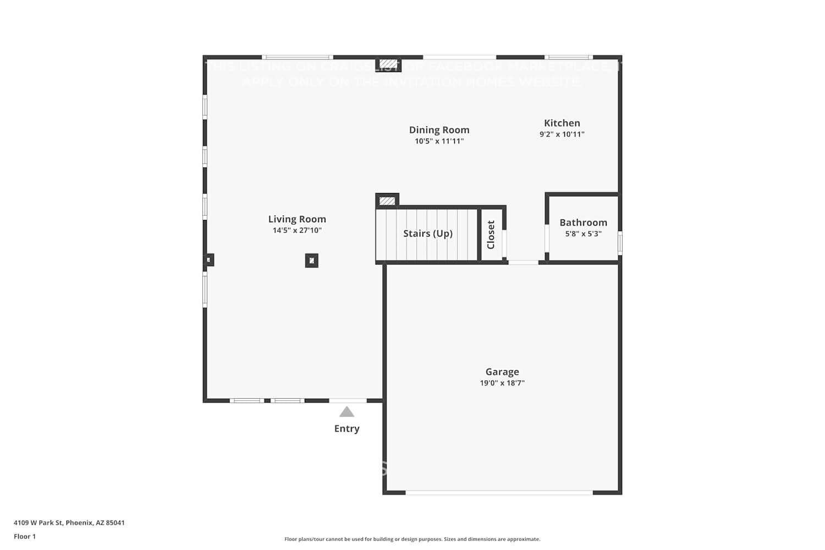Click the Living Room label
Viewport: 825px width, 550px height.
tap(297, 219)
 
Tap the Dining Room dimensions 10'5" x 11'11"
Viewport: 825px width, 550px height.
tap(439, 141)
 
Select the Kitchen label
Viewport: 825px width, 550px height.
tap(562, 123)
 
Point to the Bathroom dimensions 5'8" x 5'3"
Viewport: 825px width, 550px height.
tap(583, 234)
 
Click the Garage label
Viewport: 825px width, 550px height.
tap(502, 372)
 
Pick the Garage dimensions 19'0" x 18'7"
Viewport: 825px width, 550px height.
tap(502, 383)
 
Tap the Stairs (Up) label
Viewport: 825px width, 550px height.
tap(427, 233)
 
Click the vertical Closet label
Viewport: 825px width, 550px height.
tap(491, 235)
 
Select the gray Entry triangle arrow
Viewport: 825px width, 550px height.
tap(346, 412)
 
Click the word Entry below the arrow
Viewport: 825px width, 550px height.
tap(346, 428)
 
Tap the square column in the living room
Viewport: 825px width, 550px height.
tap(311, 261)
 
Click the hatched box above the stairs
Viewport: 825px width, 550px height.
tap(387, 201)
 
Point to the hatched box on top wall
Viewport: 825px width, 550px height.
tap(388, 64)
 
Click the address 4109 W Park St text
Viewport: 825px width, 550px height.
tap(69, 522)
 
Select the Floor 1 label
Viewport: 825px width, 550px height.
tap(25, 536)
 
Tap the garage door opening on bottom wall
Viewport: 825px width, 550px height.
tap(499, 492)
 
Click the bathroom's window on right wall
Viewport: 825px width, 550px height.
tap(620, 243)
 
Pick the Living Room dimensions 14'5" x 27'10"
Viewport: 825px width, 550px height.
tap(297, 230)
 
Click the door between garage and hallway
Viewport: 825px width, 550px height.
tap(523, 262)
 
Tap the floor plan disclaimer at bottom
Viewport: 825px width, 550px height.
tap(412, 539)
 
